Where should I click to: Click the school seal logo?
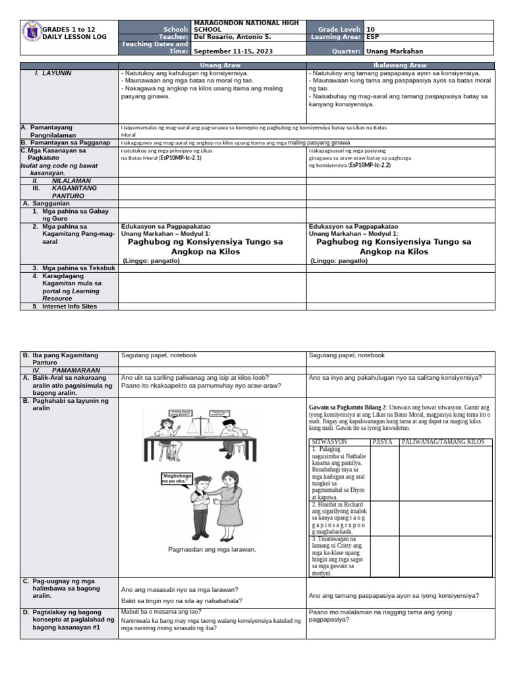(32, 34)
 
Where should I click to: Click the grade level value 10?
(370, 29)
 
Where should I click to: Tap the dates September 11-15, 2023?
(233, 51)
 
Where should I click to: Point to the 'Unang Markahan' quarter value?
(395, 51)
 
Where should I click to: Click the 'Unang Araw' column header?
(211, 66)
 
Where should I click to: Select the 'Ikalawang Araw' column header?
(400, 66)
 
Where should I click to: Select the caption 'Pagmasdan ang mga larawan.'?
(211, 548)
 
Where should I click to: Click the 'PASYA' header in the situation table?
(383, 441)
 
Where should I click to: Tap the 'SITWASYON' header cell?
(329, 441)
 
